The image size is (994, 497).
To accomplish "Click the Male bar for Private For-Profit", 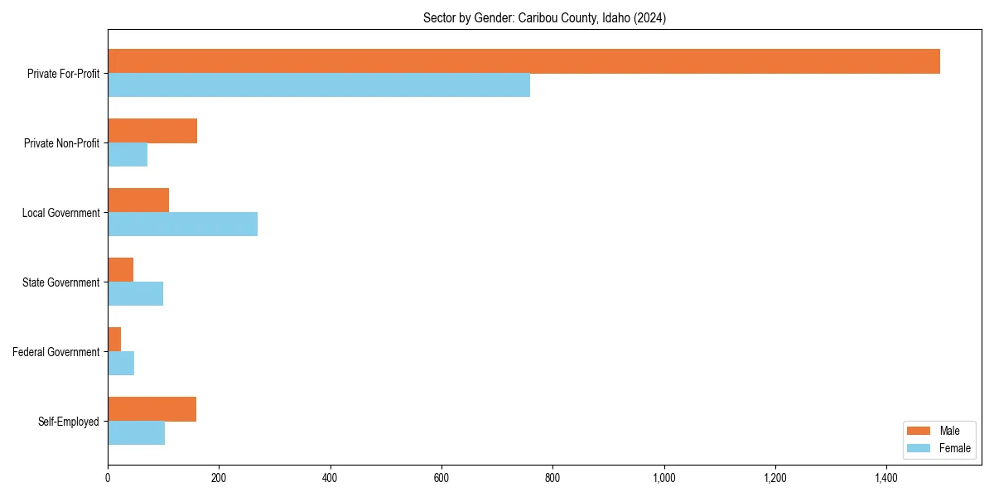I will coord(524,61).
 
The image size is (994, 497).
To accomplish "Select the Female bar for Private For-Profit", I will coord(319,85).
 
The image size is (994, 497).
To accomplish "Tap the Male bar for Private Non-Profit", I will coord(152,131).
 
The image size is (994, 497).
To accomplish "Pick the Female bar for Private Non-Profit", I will coord(128,155).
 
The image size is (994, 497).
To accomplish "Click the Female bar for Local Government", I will coord(182,224).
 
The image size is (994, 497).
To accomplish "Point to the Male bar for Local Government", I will coord(138,200).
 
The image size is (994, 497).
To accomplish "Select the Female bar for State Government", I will coord(135,294).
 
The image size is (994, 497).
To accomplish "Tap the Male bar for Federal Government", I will coord(114,340).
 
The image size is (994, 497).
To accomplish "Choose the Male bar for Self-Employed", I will coord(152,409).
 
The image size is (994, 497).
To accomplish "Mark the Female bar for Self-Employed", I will coord(136,433).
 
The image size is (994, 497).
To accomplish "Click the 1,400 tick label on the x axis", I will coord(886,478).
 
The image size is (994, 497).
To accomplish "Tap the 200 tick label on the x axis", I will coord(219,478).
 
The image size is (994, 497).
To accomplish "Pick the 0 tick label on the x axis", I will coord(108,478).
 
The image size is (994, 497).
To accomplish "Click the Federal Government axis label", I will coord(56,352).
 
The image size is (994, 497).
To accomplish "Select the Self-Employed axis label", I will coord(69,422).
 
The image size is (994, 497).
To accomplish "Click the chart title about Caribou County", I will coord(544,17).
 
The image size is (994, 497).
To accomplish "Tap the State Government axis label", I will coord(61,282).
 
